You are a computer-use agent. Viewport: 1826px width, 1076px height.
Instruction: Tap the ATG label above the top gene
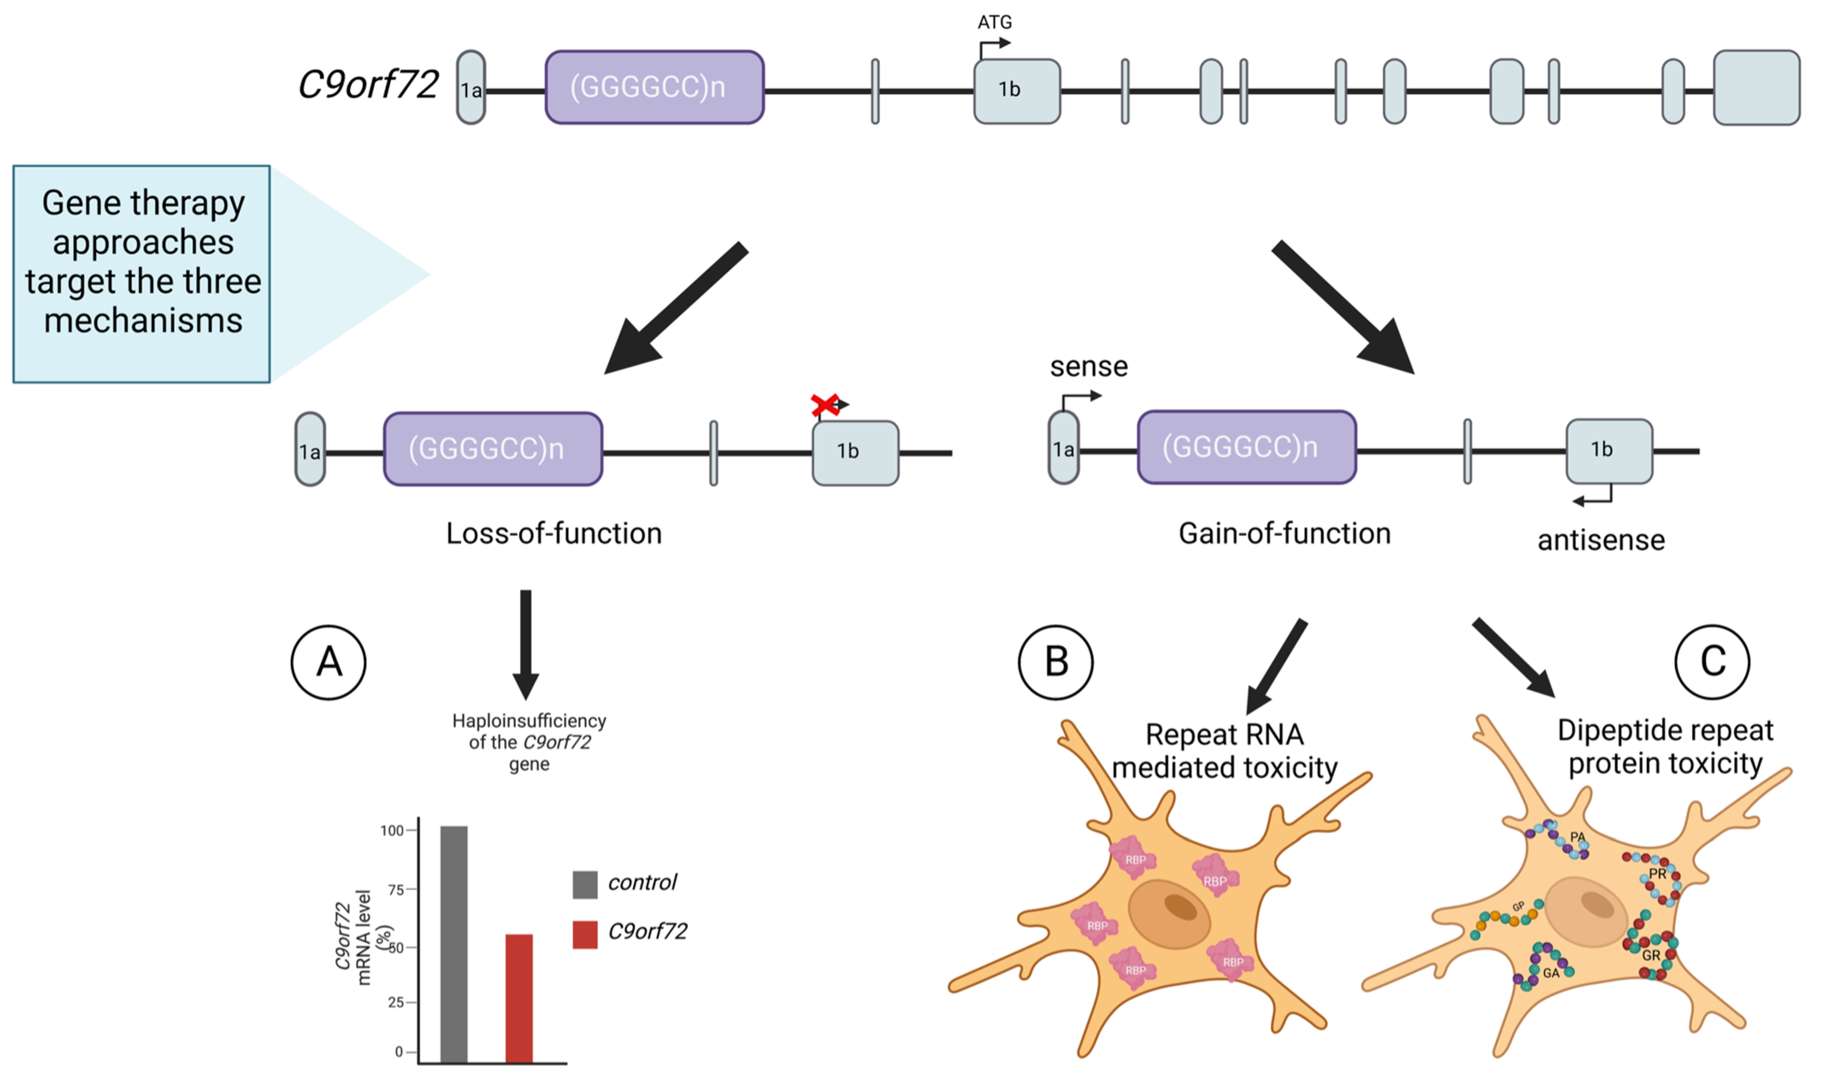tap(994, 23)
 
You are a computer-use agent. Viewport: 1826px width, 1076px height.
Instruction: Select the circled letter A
tap(329, 662)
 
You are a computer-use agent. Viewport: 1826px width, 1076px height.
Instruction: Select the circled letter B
tap(1055, 662)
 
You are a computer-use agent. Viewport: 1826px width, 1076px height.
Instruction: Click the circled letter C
tap(1712, 662)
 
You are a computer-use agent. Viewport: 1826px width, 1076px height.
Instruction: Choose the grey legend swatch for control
tap(584, 885)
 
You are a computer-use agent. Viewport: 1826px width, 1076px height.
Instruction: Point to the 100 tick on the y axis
tap(392, 831)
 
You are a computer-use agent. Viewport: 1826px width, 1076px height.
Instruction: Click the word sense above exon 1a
tap(1089, 367)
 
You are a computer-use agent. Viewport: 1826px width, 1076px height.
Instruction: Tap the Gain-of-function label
tap(1284, 534)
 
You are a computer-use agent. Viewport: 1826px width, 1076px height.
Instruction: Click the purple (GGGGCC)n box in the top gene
tap(654, 87)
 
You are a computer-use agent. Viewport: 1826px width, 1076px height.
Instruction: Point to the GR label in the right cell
tap(1651, 955)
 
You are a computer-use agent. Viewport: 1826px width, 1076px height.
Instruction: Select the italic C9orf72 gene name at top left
tap(368, 85)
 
